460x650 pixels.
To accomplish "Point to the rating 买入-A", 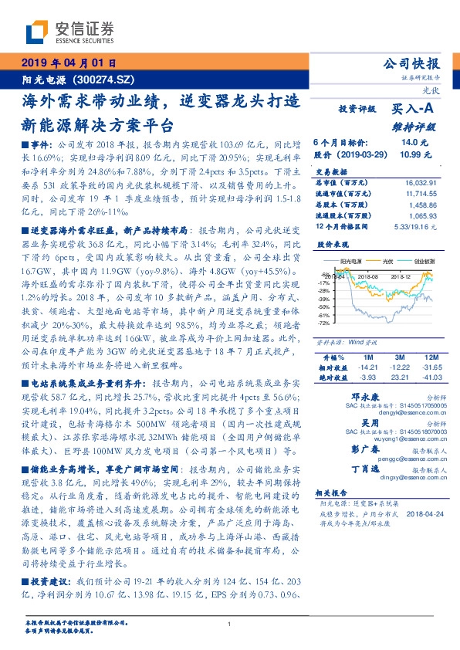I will click(x=414, y=110).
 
